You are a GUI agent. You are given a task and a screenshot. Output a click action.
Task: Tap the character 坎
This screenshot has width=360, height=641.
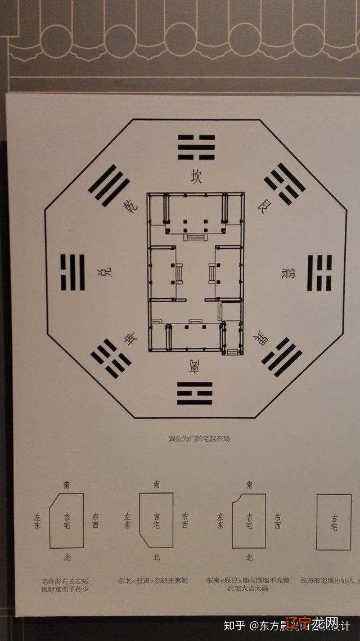196,177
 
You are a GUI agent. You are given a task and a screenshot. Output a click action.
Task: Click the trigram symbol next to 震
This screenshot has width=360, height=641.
319,272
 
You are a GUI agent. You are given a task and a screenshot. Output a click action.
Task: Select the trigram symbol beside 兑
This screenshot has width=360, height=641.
73,272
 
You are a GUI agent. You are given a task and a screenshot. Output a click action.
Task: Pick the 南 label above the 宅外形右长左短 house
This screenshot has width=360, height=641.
67,484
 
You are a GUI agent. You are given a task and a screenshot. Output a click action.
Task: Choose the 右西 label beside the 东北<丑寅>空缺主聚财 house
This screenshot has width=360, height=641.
185,521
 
